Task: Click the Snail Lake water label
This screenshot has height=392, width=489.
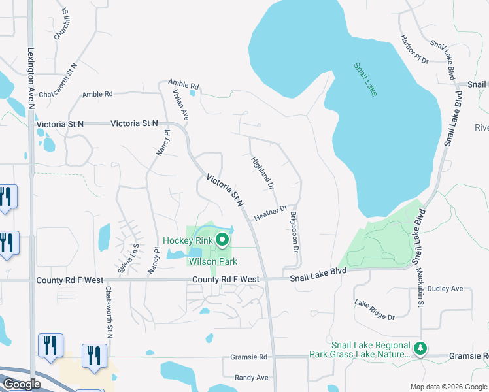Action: (366, 79)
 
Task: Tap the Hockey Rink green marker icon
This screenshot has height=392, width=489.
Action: (222, 240)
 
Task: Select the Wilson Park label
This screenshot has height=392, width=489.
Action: (212, 261)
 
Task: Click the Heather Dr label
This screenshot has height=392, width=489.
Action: (271, 213)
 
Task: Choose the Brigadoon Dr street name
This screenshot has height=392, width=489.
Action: (294, 231)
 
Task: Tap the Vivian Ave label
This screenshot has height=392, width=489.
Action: (180, 105)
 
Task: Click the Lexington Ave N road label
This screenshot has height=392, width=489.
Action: (31, 79)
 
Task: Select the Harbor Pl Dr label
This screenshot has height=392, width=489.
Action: (414, 49)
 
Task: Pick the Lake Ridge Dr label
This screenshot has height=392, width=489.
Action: (375, 310)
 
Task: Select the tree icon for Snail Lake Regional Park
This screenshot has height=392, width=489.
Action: (422, 348)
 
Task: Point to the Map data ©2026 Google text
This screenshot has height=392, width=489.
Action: (448, 387)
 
